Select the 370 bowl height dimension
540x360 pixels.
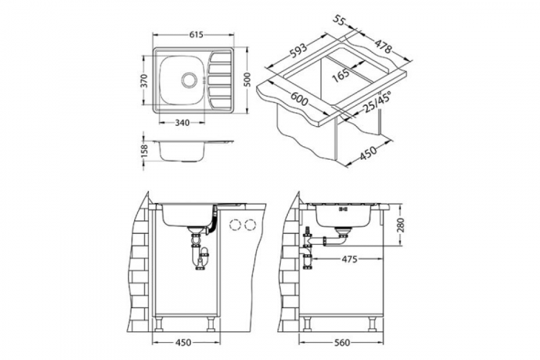coord(145,81)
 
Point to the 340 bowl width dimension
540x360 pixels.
coord(182,122)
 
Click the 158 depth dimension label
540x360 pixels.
coord(145,152)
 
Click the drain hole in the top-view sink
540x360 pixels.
coord(189,80)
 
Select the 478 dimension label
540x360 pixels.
coord(383,46)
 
